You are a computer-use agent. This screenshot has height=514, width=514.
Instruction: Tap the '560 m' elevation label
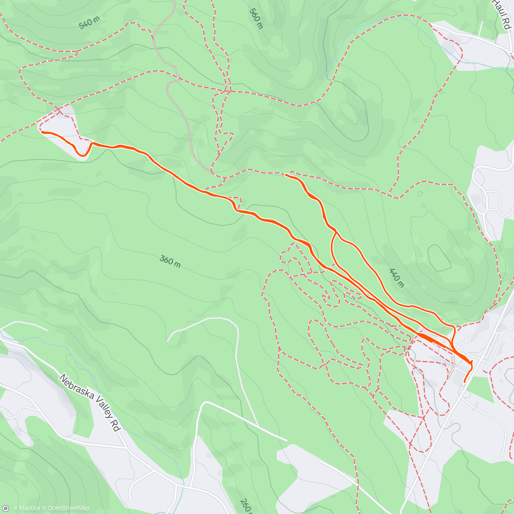pyautogui.click(x=256, y=18)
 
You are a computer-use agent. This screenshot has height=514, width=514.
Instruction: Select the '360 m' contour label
pyautogui.click(x=170, y=261)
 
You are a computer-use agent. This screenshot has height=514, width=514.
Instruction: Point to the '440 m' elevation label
pyautogui.click(x=397, y=277)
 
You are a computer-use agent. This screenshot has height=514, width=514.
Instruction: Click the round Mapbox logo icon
pyautogui.click(x=6, y=508)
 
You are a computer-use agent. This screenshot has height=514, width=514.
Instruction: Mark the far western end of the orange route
pyautogui.click(x=42, y=132)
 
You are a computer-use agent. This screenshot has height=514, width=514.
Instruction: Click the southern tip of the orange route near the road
pyautogui.click(x=465, y=381)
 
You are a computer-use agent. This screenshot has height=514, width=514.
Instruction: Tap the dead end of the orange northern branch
pyautogui.click(x=286, y=174)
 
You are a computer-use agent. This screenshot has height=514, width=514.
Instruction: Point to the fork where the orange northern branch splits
pyautogui.click(x=335, y=233)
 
